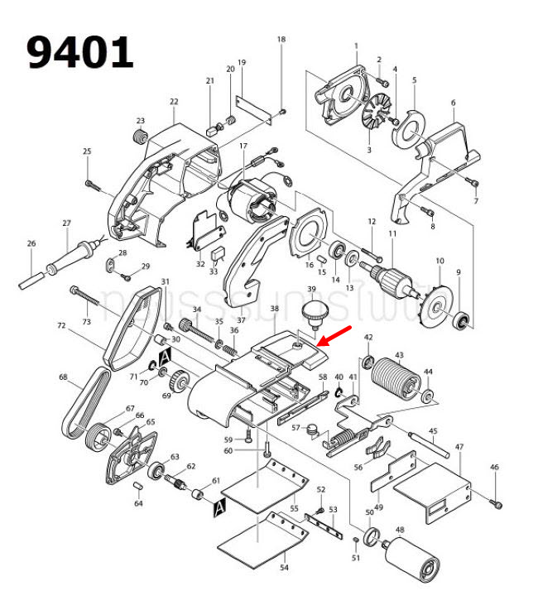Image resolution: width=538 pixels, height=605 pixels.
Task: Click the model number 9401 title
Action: [80, 53]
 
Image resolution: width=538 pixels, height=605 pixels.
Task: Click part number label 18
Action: [281, 40]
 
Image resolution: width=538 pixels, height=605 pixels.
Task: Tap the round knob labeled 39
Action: [313, 313]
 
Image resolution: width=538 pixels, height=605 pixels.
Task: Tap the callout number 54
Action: [284, 568]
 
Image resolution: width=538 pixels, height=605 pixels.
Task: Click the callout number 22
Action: [174, 102]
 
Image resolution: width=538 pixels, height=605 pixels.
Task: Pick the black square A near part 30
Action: [164, 356]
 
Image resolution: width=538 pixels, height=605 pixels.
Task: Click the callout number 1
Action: [356, 46]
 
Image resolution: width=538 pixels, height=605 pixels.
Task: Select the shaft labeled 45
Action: [430, 443]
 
